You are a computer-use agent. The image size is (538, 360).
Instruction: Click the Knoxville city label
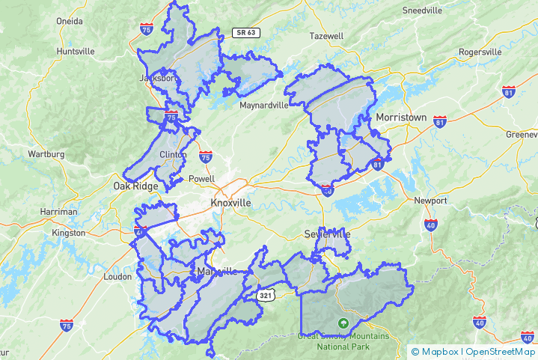tap(230, 203)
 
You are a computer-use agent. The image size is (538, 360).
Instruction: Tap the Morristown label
tap(401, 118)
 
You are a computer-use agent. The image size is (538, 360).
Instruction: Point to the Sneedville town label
tap(423, 10)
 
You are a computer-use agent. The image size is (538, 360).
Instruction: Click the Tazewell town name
tap(325, 36)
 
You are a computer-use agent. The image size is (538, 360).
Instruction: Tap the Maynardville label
tap(263, 106)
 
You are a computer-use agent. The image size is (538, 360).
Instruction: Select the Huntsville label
tap(76, 51)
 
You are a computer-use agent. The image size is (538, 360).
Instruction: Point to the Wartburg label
tap(46, 154)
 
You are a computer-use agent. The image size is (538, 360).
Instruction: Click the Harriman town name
tap(59, 212)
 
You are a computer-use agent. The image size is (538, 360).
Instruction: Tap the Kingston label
tap(70, 233)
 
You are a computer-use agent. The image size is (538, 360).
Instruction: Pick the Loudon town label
tap(118, 276)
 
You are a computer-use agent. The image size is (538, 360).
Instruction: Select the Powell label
tap(201, 179)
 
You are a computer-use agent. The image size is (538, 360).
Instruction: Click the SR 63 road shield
tap(245, 32)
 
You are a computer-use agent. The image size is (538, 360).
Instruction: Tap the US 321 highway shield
tap(266, 296)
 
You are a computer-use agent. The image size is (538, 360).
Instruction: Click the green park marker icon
tap(343, 324)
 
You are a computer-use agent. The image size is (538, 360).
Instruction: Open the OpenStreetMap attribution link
tap(501, 351)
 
